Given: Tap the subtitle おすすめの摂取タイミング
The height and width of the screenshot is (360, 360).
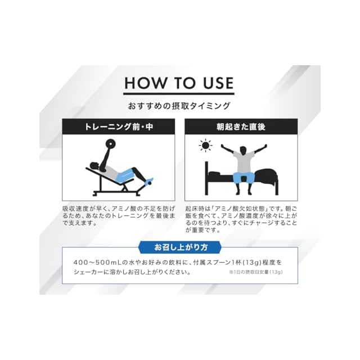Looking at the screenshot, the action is click(179, 106).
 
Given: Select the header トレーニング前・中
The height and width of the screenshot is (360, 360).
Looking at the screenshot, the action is click(119, 127).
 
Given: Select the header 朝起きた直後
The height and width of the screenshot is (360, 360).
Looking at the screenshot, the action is click(241, 127).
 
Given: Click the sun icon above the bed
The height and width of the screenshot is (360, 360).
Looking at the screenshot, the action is click(205, 145).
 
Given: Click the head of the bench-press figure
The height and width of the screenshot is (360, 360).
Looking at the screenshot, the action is click(94, 166).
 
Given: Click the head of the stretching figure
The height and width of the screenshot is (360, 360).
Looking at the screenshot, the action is click(244, 151).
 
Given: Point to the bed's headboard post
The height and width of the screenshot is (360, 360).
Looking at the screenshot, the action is click(206, 178).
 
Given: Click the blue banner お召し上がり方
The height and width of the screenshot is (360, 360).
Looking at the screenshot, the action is click(180, 247).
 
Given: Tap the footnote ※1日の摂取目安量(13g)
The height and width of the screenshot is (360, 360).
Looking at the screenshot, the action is click(255, 272).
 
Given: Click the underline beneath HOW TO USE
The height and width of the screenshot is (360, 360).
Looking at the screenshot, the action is click(179, 94).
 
